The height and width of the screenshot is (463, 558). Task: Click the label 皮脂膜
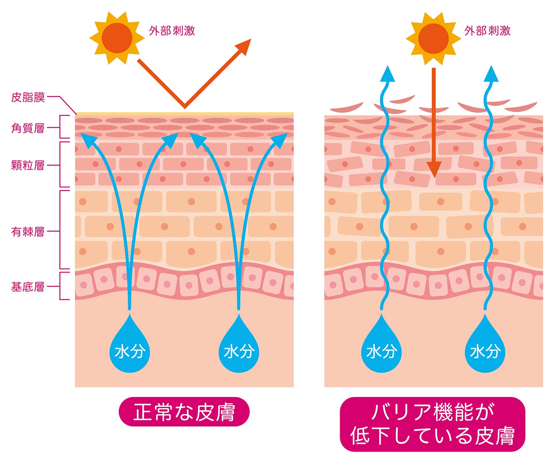pyautogui.click(x=28, y=97)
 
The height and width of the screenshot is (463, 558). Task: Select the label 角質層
pyautogui.click(x=28, y=128)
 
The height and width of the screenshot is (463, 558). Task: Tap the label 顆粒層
pyautogui.click(x=28, y=165)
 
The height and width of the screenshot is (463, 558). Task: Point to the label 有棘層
pyautogui.click(x=28, y=232)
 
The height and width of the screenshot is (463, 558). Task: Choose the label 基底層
pyautogui.click(x=28, y=287)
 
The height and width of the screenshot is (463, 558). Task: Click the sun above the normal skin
pyautogui.click(x=117, y=38)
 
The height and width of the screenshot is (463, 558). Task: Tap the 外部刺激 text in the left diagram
pyautogui.click(x=172, y=31)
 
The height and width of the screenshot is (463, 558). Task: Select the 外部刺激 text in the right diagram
pyautogui.click(x=488, y=31)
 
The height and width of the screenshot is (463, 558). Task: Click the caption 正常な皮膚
pyautogui.click(x=184, y=412)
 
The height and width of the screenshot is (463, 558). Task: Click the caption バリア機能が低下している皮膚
pyautogui.click(x=432, y=424)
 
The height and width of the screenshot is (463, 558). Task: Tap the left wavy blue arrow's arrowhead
pyautogui.click(x=387, y=74)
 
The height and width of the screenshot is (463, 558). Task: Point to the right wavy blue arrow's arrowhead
pyautogui.click(x=491, y=74)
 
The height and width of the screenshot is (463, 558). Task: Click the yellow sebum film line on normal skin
pyautogui.click(x=184, y=114)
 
